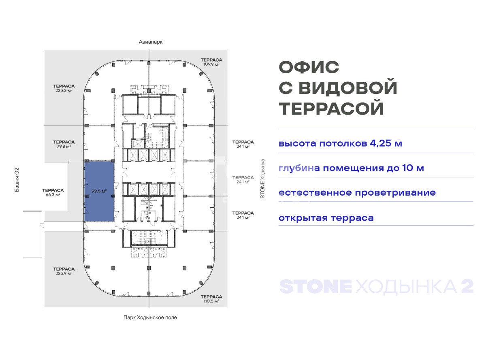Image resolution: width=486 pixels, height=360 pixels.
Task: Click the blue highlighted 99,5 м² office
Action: [x=99, y=191]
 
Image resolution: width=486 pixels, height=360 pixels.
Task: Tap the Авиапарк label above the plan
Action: [x=151, y=42]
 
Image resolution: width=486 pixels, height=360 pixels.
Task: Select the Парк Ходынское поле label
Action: [x=150, y=317]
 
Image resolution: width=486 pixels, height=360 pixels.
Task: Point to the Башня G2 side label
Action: [x=17, y=180]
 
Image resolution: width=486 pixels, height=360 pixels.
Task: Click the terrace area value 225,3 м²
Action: [x=64, y=90]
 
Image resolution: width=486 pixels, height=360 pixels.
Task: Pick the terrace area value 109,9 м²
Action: [x=211, y=64]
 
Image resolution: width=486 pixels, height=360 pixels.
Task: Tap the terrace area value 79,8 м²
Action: [x=64, y=146]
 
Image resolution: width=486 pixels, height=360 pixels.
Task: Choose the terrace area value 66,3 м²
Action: [x=53, y=194]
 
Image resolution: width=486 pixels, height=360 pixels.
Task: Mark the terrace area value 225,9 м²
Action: [x=64, y=273]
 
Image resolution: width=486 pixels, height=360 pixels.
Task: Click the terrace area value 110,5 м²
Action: [x=211, y=301]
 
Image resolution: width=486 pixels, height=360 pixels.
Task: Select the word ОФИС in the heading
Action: [x=309, y=67]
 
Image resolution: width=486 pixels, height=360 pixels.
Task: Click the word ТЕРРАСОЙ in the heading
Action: [x=331, y=108]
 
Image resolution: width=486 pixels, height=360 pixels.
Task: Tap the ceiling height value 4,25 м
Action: [x=386, y=143]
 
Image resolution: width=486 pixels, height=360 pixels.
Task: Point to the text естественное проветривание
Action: [x=357, y=193]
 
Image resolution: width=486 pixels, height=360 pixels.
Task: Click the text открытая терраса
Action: [x=326, y=218]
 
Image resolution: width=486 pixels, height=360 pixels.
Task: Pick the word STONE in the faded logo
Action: [x=315, y=286]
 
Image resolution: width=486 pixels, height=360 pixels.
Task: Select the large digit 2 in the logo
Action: [x=467, y=286]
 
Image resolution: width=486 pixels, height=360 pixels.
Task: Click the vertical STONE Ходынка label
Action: [x=262, y=179]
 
